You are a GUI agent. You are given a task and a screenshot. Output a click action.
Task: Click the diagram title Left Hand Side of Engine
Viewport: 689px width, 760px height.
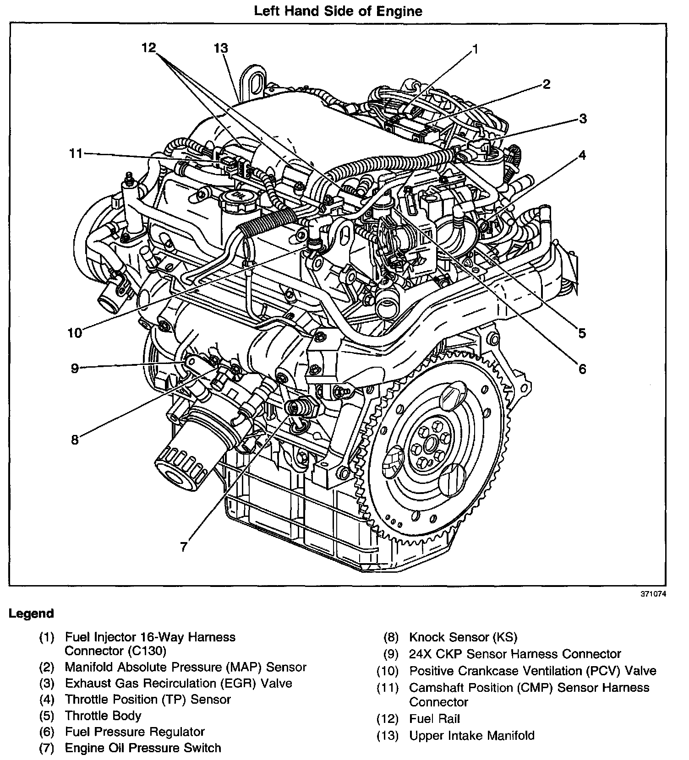[x=338, y=11]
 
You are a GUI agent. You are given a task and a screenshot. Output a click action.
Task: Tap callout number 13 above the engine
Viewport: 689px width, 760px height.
[x=221, y=49]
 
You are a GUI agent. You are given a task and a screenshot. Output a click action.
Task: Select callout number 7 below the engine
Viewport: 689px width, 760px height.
[x=184, y=547]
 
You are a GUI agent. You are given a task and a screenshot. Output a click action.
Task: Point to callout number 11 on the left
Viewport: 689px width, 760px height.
[x=76, y=153]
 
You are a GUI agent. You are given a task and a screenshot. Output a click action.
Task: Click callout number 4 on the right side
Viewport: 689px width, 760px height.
[x=582, y=155]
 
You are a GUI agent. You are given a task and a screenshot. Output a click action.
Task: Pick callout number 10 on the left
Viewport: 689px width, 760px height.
[x=75, y=333]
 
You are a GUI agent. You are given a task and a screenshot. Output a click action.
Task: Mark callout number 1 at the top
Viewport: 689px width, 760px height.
[x=475, y=49]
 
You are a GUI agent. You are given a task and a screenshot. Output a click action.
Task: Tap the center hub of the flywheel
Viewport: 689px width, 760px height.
[x=429, y=443]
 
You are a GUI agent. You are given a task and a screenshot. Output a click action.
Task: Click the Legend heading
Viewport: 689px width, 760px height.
[x=31, y=613]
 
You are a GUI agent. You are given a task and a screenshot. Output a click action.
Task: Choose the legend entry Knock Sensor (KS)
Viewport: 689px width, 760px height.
[x=463, y=637]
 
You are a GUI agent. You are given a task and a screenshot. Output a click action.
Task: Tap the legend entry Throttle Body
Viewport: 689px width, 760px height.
[x=103, y=716]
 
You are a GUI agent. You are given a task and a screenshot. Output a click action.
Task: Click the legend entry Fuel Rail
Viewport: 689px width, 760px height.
[x=434, y=719]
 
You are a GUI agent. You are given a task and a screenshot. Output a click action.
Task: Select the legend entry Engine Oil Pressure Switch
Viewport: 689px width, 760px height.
[x=143, y=748]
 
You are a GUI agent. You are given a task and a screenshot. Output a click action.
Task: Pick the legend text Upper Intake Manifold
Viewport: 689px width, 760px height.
[x=472, y=736]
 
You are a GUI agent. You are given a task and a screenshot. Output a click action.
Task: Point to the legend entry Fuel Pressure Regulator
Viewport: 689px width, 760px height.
[x=135, y=732]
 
